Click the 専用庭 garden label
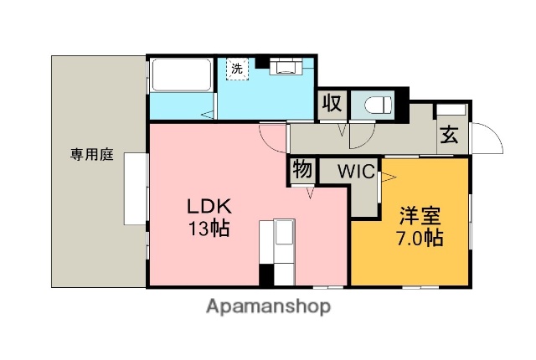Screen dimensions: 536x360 point(92,155)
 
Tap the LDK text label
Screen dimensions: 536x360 point(209,206)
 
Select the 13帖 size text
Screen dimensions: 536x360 point(209,228)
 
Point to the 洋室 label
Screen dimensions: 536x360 point(420,216)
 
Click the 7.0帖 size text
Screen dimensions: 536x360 point(420,238)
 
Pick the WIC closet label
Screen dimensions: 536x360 point(357,172)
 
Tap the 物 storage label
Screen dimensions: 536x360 point(302,169)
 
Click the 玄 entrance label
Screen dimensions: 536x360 point(449,136)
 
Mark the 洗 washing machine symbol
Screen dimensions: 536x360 point(237,69)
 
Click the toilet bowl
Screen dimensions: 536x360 point(378,105)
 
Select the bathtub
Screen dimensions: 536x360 point(181,75)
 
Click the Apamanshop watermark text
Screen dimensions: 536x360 point(268,306)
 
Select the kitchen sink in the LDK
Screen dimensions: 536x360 point(285,232)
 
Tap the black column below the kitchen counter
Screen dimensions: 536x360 point(266,275)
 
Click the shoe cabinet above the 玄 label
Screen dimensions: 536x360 point(451,110)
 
